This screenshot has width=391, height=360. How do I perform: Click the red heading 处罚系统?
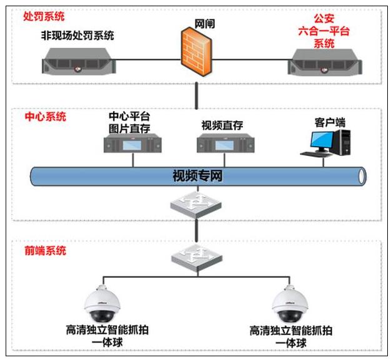43,16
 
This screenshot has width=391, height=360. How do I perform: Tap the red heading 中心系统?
44,116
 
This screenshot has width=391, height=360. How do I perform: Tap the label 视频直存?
222,125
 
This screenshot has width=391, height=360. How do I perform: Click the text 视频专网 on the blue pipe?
197,176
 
